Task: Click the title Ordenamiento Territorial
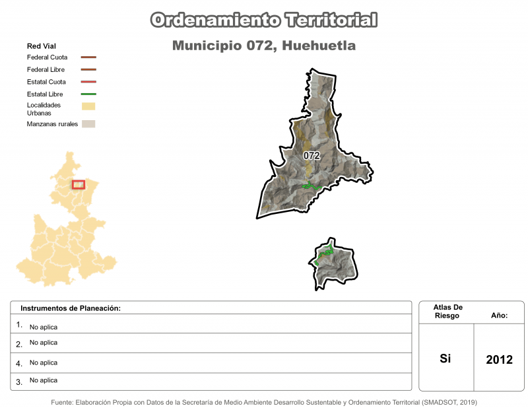[x=264, y=20]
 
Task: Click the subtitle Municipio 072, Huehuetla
[x=264, y=46]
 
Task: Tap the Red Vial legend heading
[x=41, y=46]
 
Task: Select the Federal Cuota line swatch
[x=88, y=57]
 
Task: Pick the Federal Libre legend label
[x=47, y=69]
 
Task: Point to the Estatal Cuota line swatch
[x=88, y=82]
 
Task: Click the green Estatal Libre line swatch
[x=88, y=94]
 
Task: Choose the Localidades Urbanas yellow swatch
[x=88, y=106]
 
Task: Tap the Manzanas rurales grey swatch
[x=88, y=123]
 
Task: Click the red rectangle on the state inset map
[x=79, y=185]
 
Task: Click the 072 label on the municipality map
[x=312, y=156]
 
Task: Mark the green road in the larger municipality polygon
[x=311, y=186]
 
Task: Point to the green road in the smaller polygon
[x=325, y=254]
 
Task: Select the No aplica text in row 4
[x=44, y=362]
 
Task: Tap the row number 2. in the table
[x=19, y=343]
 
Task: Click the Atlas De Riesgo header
[x=448, y=312]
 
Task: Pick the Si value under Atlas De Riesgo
[x=445, y=359]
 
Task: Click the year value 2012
[x=499, y=360]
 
